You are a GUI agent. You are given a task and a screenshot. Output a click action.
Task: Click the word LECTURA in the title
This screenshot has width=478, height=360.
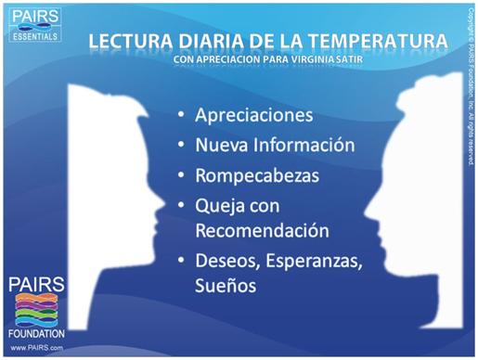[x=131, y=41]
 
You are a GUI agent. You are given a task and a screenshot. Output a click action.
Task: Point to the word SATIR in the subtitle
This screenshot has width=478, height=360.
[x=349, y=59]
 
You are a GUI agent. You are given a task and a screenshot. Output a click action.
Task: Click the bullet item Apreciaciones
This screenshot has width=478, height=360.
[x=254, y=115]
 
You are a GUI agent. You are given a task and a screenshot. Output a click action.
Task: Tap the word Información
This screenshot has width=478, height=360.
[x=304, y=145]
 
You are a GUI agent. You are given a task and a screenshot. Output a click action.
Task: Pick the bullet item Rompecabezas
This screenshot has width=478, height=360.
[x=257, y=175]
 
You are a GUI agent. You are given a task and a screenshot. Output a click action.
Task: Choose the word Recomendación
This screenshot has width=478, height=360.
[x=263, y=230]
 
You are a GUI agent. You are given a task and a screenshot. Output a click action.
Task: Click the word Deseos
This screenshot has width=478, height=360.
[x=227, y=261]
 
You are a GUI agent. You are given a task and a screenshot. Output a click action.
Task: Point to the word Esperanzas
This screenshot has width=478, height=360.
[x=314, y=261]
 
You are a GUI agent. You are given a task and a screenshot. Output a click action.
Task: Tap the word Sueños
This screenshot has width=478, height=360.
[x=226, y=285]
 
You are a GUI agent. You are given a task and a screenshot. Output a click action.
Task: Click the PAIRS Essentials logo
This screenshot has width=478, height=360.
[x=35, y=25]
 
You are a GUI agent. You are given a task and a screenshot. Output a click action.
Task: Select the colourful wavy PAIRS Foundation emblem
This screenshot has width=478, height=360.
[x=37, y=310]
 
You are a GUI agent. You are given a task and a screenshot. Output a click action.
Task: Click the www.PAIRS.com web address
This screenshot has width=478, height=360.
[x=36, y=348]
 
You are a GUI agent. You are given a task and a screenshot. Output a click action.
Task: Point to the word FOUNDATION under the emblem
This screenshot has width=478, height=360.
[x=36, y=334]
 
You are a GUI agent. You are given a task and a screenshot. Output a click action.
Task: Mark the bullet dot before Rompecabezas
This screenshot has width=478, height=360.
[x=181, y=174]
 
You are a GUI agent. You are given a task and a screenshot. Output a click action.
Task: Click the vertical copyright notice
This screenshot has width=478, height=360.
[x=471, y=87]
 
